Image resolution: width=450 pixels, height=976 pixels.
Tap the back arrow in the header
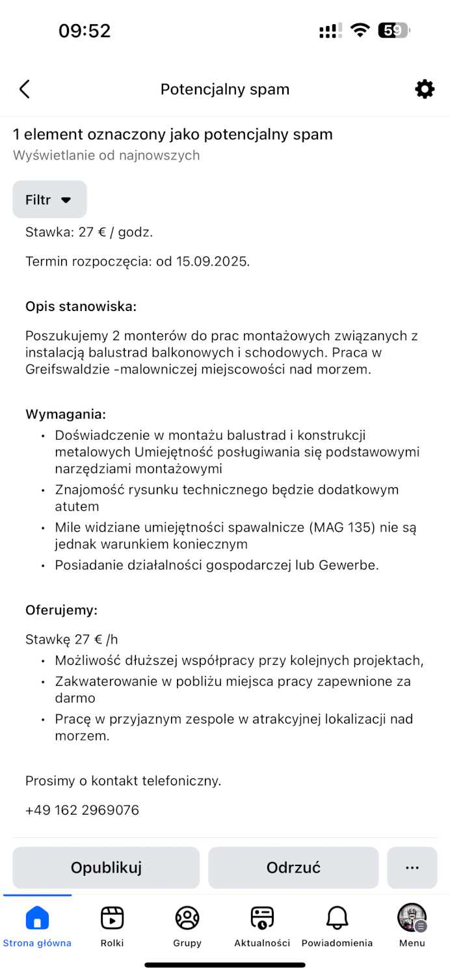(x=25, y=89)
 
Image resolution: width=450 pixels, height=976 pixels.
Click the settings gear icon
(x=425, y=89)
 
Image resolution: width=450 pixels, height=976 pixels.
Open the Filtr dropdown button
(x=49, y=200)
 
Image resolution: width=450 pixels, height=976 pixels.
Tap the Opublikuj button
(x=106, y=867)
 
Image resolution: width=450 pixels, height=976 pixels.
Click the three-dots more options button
(x=412, y=867)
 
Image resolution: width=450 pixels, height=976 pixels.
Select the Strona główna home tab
(x=37, y=918)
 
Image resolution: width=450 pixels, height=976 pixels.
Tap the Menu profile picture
(x=412, y=917)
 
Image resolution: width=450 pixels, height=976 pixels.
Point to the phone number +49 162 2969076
(x=82, y=810)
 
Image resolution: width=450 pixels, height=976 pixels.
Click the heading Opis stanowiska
(x=81, y=306)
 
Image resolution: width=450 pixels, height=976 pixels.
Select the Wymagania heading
(x=65, y=414)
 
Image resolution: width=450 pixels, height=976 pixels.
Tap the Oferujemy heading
(x=61, y=610)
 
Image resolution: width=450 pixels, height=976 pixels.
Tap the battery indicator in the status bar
(x=393, y=31)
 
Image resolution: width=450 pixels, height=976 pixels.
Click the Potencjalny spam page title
(x=225, y=89)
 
